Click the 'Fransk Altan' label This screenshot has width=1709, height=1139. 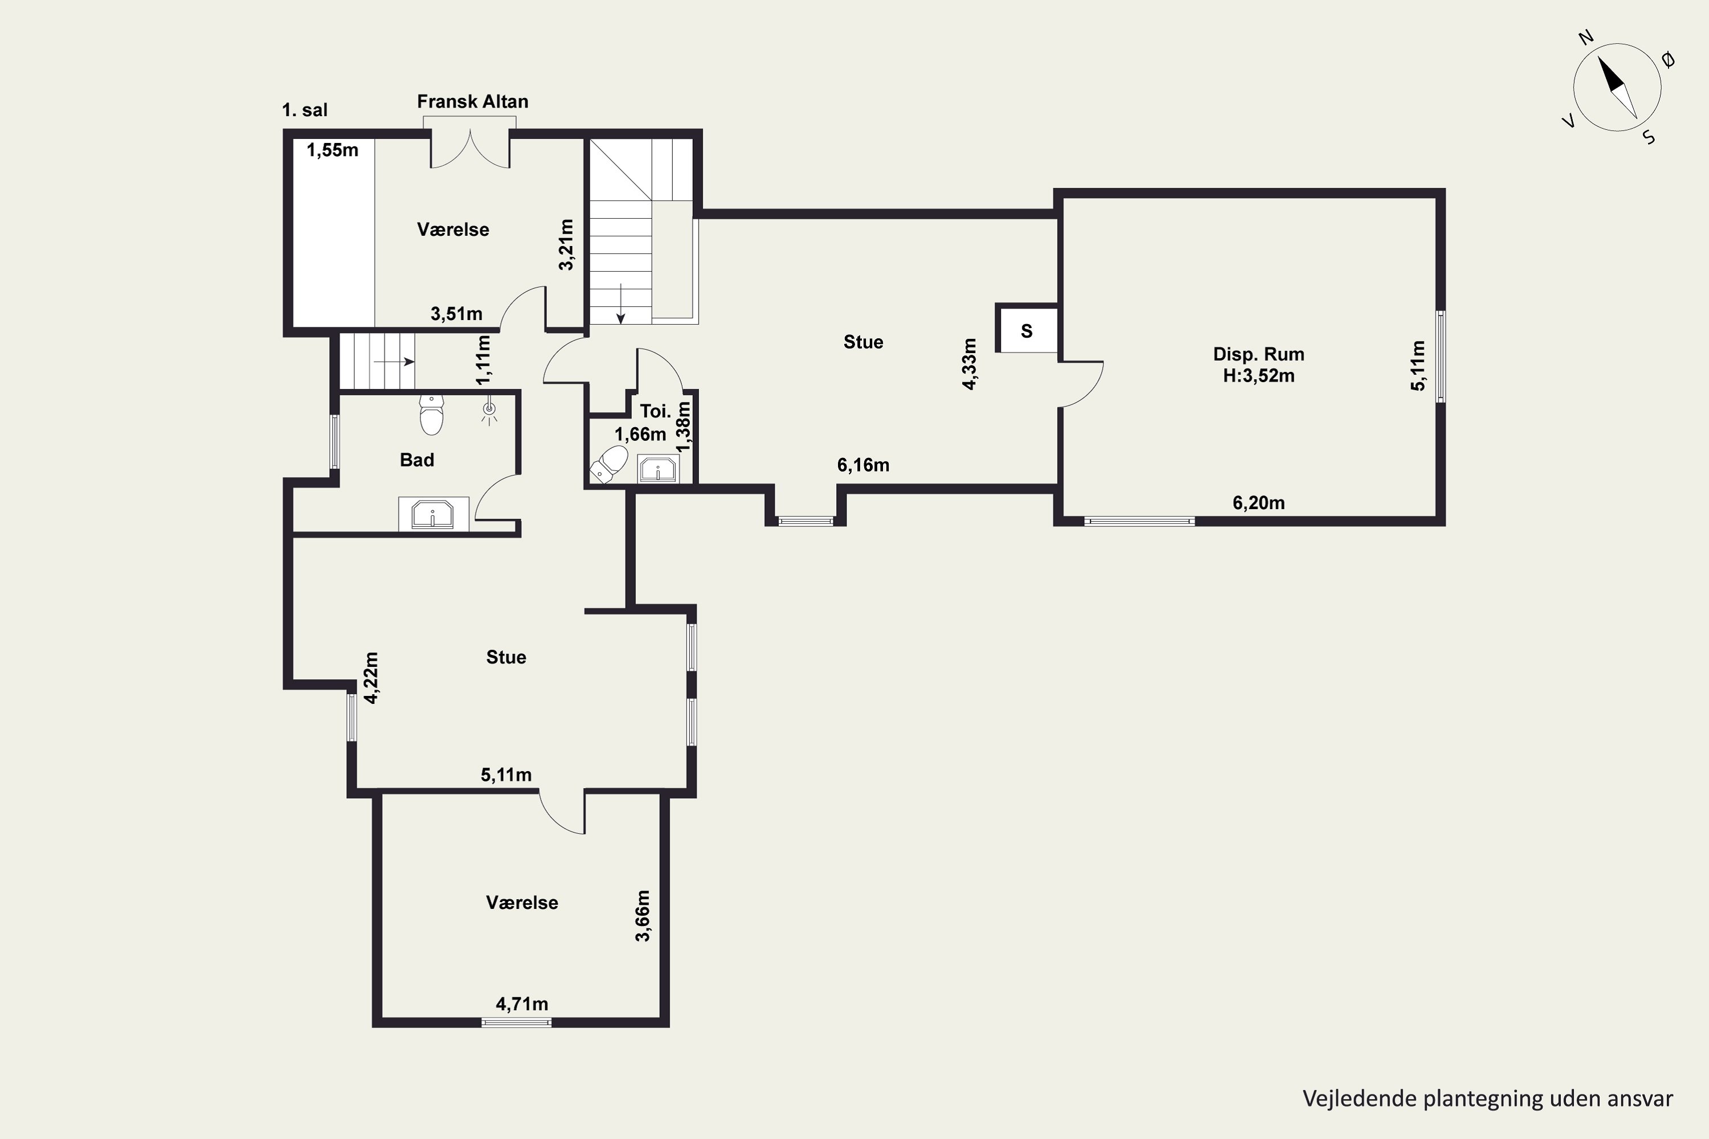pyautogui.click(x=472, y=102)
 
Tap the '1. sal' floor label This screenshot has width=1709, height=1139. pyautogui.click(x=304, y=110)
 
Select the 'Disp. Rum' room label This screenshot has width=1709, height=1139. pyautogui.click(x=1258, y=354)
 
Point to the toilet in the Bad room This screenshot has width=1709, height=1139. pyautogui.click(x=432, y=414)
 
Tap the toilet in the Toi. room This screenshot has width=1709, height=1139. pyautogui.click(x=609, y=464)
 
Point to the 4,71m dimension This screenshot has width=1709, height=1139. pyautogui.click(x=522, y=1004)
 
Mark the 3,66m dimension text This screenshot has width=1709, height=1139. pyautogui.click(x=643, y=915)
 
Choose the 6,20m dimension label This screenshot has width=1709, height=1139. pyautogui.click(x=1258, y=503)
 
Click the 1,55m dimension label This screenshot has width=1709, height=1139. pyautogui.click(x=332, y=150)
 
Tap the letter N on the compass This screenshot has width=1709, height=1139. pyautogui.click(x=1587, y=58)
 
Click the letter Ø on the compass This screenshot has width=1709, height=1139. pyautogui.click(x=1669, y=61)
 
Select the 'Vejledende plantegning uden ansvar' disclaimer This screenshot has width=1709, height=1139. pyautogui.click(x=1487, y=1099)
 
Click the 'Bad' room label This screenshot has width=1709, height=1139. pyautogui.click(x=417, y=460)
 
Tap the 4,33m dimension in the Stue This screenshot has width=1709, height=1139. pyautogui.click(x=970, y=364)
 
